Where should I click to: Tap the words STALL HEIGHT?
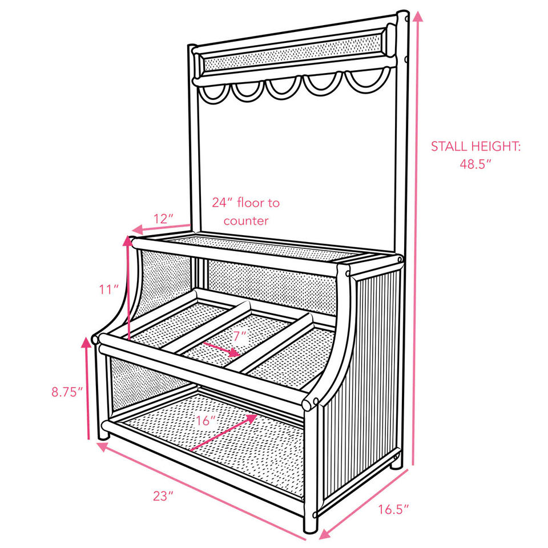coord(476,146)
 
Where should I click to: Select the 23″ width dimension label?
coord(163,495)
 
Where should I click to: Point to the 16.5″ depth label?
coord(394,510)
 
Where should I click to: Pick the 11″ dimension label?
coord(108,289)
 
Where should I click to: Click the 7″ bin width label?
coord(240,336)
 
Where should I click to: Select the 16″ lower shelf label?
coord(205,421)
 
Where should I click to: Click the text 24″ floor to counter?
coord(246,211)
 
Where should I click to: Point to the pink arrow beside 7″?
coord(221,349)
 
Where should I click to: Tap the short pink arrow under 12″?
coord(153,229)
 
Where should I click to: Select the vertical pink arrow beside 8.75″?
coord(88,388)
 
